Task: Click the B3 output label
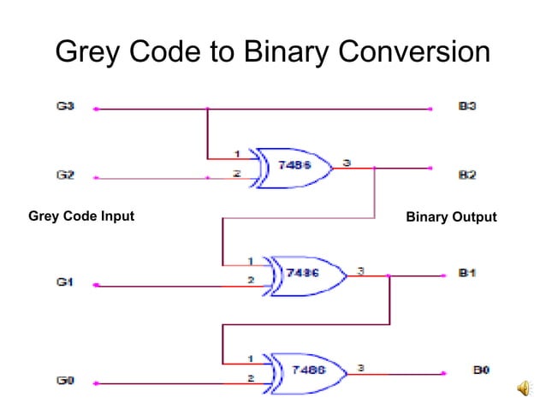click(467, 109)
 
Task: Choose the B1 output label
click(467, 274)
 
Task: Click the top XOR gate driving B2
click(296, 165)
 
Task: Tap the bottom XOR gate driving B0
click(308, 371)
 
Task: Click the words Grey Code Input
click(81, 216)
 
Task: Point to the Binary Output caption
click(451, 217)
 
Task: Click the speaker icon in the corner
click(525, 389)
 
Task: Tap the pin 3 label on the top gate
click(346, 160)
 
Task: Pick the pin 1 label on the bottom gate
click(250, 359)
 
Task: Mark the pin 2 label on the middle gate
click(250, 280)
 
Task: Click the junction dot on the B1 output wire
click(390, 276)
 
